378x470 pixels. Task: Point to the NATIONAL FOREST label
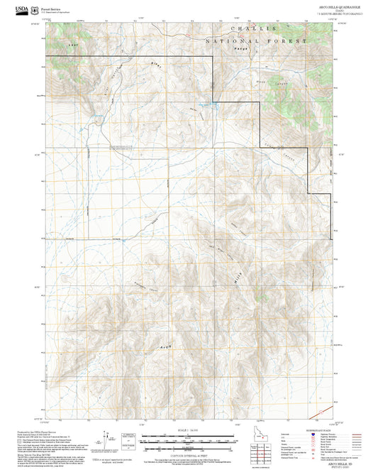point(256,43)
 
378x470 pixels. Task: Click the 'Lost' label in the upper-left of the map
point(70,45)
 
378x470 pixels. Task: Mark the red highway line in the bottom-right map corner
point(323,411)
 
